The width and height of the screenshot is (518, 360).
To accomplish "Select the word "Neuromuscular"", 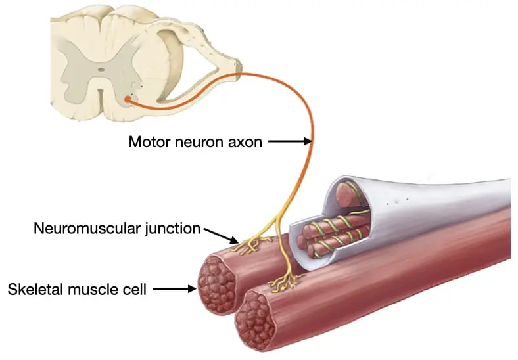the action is [87, 228].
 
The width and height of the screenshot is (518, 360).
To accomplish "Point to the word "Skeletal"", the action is [35, 289].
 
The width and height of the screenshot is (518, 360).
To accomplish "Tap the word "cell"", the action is [135, 289].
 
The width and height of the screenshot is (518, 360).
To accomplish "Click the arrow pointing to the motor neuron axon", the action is [290, 141].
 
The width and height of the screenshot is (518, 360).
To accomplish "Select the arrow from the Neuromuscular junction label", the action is [221, 236].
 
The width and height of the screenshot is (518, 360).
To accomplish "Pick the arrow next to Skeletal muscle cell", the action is [174, 288].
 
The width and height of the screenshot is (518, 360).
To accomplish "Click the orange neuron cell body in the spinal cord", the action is [128, 99].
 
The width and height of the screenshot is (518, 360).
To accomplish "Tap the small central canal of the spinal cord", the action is [101, 70].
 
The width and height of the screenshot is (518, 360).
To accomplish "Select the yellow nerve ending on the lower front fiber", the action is [285, 282].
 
